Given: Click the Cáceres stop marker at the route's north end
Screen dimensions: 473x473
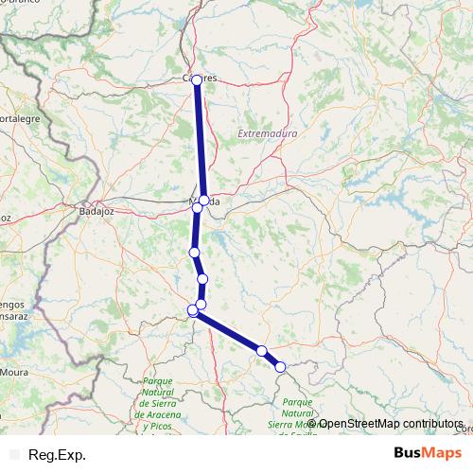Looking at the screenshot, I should [x=197, y=80].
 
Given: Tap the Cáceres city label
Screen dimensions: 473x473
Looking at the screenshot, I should [x=204, y=77].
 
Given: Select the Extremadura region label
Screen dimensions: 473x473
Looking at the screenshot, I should [x=269, y=134].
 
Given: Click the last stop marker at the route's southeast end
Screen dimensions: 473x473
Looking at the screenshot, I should [x=280, y=366].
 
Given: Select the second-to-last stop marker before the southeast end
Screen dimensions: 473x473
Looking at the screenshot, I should [x=262, y=351].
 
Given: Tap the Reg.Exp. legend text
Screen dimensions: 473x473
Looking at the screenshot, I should [x=56, y=455].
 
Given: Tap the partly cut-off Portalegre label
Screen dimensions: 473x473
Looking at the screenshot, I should [x=20, y=118].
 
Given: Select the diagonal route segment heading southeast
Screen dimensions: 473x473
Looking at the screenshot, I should [x=228, y=330].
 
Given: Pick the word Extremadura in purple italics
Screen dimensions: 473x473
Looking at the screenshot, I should [x=269, y=134].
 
